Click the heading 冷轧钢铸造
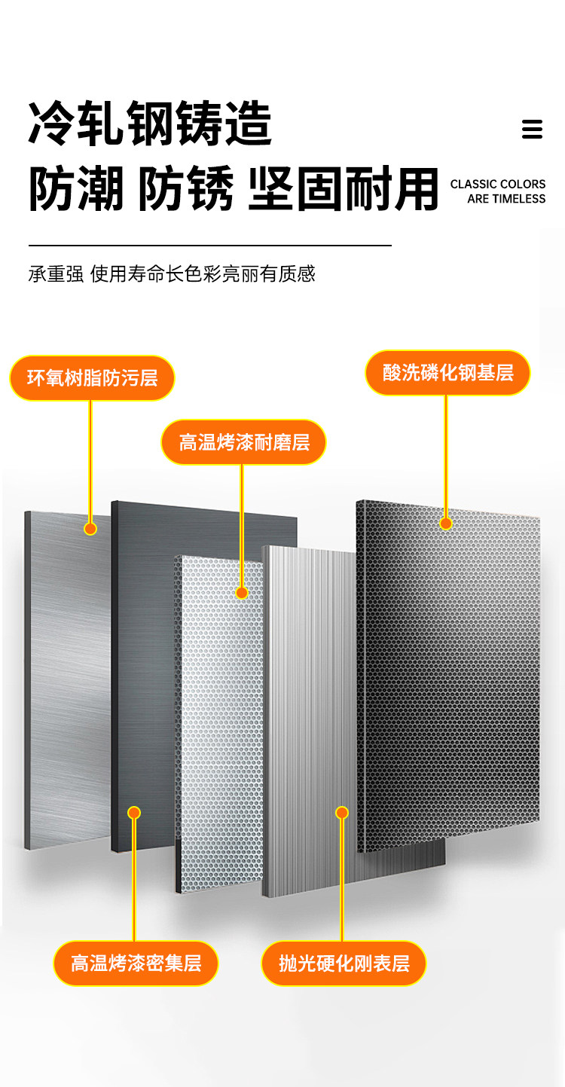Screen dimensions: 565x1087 pyautogui.click(x=150, y=124)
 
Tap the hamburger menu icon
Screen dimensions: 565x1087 pyautogui.click(x=532, y=129)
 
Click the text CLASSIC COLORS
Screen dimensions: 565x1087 pyautogui.click(x=497, y=184)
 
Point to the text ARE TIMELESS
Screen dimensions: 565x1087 pyautogui.click(x=505, y=199)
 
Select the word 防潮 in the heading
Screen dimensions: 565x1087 pyautogui.click(x=76, y=190)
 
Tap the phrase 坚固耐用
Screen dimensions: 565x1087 pyautogui.click(x=343, y=190)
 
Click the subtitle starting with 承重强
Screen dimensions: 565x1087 pyautogui.click(x=172, y=273)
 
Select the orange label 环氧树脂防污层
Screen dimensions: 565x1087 pyautogui.click(x=92, y=377)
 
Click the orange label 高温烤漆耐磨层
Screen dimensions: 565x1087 pyautogui.click(x=244, y=441)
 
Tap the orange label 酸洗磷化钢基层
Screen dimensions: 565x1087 pyautogui.click(x=447, y=372)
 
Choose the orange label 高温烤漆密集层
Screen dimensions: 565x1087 pyautogui.click(x=136, y=963)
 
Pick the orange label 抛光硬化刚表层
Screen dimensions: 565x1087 pyautogui.click(x=344, y=963)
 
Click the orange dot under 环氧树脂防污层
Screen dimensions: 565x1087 pyautogui.click(x=90, y=529)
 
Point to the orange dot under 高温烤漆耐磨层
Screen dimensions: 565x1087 pyautogui.click(x=242, y=593)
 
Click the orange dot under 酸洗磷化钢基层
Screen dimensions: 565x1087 pyautogui.click(x=446, y=523)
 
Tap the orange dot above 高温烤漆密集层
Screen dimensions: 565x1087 pyautogui.click(x=134, y=813)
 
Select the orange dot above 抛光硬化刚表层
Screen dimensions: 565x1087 pyautogui.click(x=342, y=813)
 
